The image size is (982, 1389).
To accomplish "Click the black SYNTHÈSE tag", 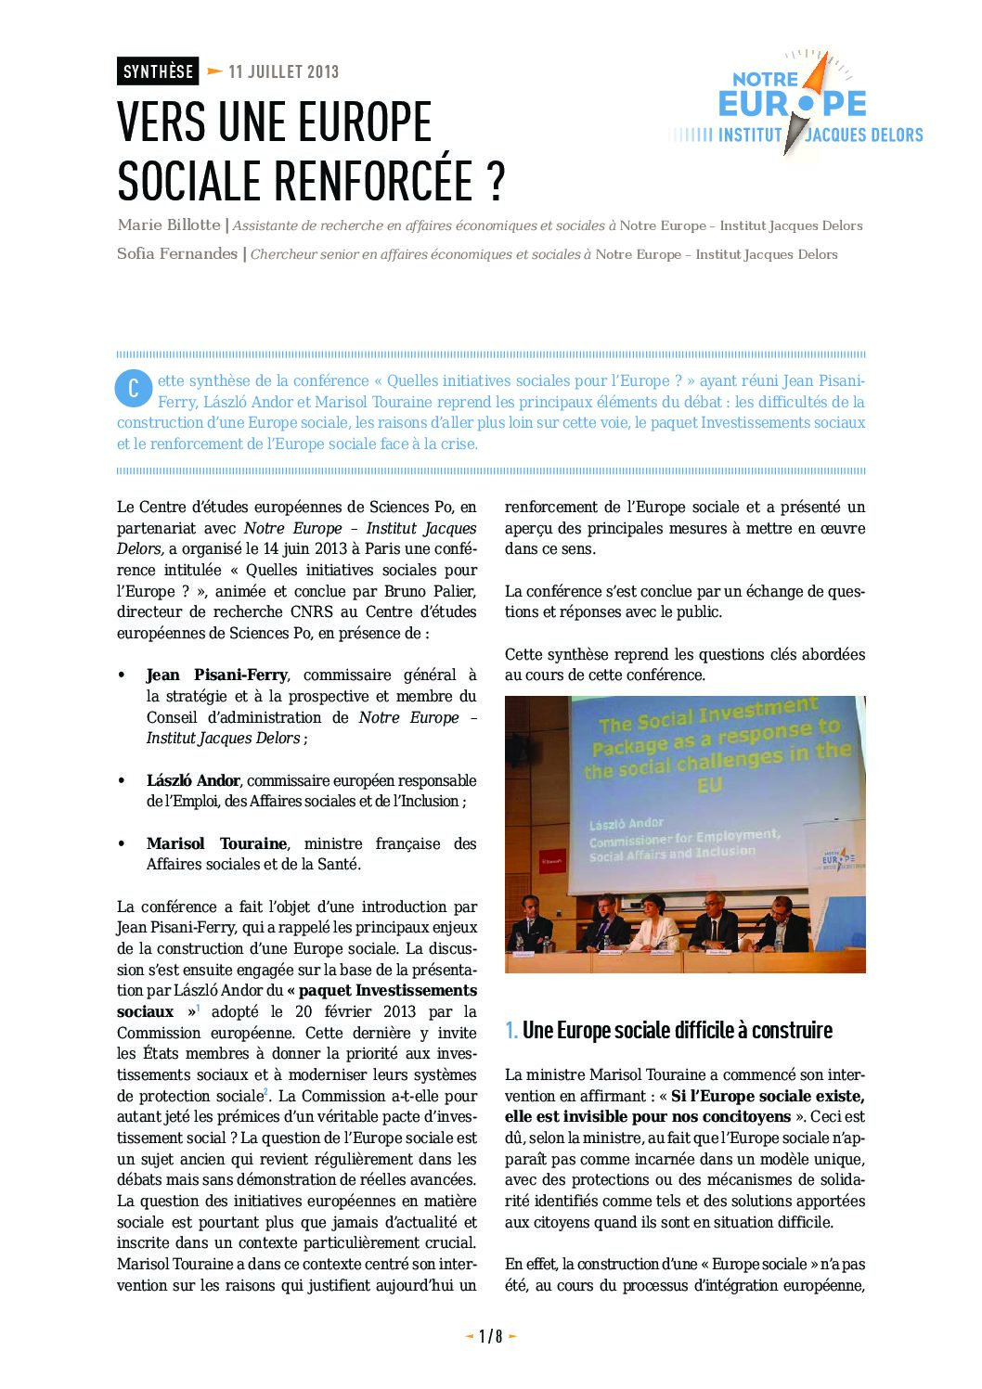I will pyautogui.click(x=158, y=71).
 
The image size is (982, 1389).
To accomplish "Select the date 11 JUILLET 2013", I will pyautogui.click(x=283, y=71).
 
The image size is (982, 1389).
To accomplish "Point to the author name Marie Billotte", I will pyautogui.click(x=169, y=225).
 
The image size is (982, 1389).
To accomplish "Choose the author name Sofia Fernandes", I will pyautogui.click(x=177, y=254).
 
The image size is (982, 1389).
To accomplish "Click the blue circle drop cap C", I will pyautogui.click(x=134, y=388).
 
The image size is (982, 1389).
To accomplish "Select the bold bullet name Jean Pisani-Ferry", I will pyautogui.click(x=216, y=675).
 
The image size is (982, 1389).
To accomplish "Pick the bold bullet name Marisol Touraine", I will pyautogui.click(x=216, y=844).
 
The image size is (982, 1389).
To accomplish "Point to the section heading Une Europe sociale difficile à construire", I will pyautogui.click(x=677, y=1031).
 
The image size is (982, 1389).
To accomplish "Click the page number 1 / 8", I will pyautogui.click(x=490, y=1336).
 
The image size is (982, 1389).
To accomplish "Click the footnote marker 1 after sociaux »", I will pyautogui.click(x=199, y=1008).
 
